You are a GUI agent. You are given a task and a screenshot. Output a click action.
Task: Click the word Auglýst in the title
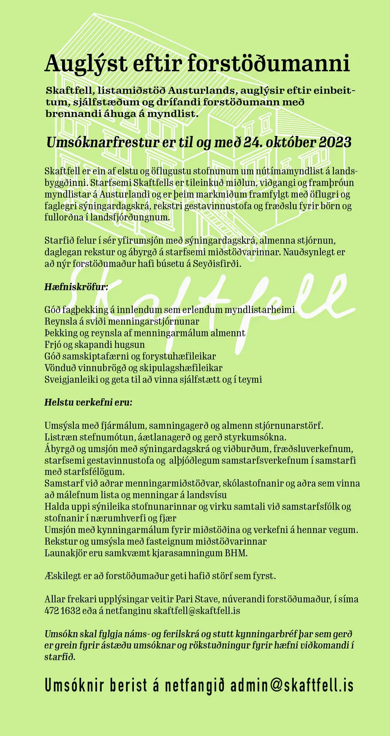coord(86,64)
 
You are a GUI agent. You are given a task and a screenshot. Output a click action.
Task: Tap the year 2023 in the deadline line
coord(335,142)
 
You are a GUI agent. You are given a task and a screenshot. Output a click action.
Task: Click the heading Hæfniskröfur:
coord(76,287)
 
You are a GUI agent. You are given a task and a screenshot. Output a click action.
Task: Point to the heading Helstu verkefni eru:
coord(88,402)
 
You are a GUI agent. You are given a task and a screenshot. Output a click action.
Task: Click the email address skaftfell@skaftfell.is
coord(197,611)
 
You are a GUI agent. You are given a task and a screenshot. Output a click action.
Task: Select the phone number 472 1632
coord(62,611)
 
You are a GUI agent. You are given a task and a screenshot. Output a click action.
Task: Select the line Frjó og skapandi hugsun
coord(94,344)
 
